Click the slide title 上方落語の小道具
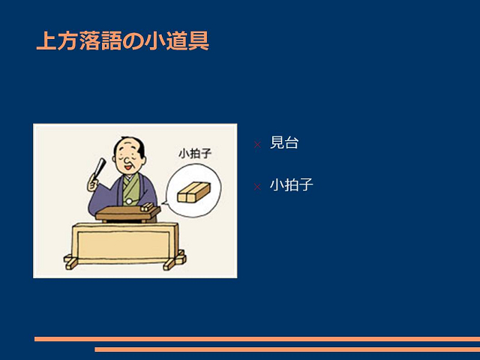click(x=123, y=40)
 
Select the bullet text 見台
click(x=284, y=142)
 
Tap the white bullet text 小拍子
click(x=292, y=184)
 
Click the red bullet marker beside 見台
click(x=257, y=145)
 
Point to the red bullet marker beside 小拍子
click(x=257, y=187)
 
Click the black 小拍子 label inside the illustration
click(x=195, y=153)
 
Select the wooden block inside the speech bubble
click(x=193, y=192)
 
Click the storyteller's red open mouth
click(x=128, y=167)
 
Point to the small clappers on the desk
click(x=147, y=207)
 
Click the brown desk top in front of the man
click(x=128, y=213)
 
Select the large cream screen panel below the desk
click(x=125, y=243)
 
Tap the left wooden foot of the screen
click(x=71, y=262)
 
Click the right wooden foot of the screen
click(x=175, y=261)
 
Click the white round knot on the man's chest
click(x=129, y=202)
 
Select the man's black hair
click(x=135, y=145)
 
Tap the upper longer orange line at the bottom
click(x=257, y=339)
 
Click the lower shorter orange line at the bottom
click(x=287, y=349)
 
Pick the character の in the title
click(x=133, y=41)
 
